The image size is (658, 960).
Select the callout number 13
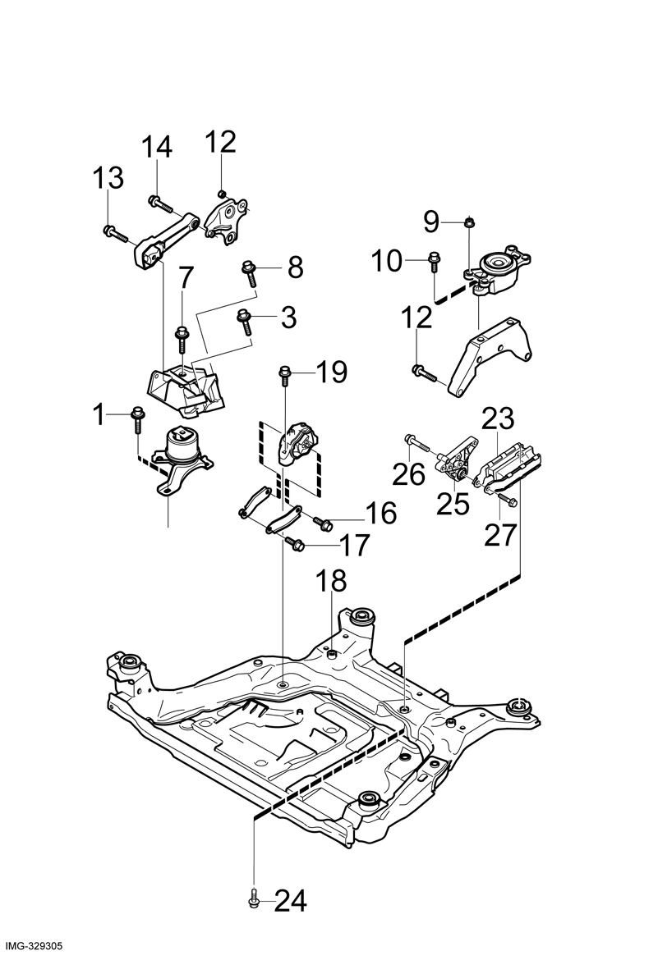(108, 177)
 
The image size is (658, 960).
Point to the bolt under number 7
(182, 339)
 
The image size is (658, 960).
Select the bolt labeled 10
(434, 263)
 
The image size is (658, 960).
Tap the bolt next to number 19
(284, 375)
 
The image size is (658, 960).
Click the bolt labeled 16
(323, 523)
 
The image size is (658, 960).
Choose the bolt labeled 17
(294, 542)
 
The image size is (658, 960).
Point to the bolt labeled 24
(254, 898)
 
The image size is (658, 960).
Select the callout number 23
(497, 419)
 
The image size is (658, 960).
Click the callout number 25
(453, 504)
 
